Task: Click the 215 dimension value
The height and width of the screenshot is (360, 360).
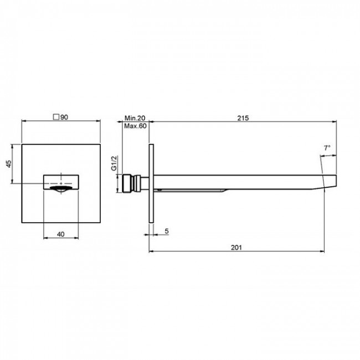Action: [243, 118]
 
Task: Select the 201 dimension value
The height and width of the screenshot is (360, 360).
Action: [236, 248]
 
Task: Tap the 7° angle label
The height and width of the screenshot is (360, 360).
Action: [327, 148]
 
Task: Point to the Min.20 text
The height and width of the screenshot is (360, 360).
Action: [135, 118]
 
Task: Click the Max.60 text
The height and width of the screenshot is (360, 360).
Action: [135, 126]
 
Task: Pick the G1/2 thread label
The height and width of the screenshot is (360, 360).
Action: [114, 163]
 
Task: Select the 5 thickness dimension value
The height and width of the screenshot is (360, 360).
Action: [167, 231]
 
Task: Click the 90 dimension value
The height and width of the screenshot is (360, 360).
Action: [64, 117]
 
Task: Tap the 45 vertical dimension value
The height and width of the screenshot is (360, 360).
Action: [8, 164]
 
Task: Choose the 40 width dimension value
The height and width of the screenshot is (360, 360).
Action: [60, 234]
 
